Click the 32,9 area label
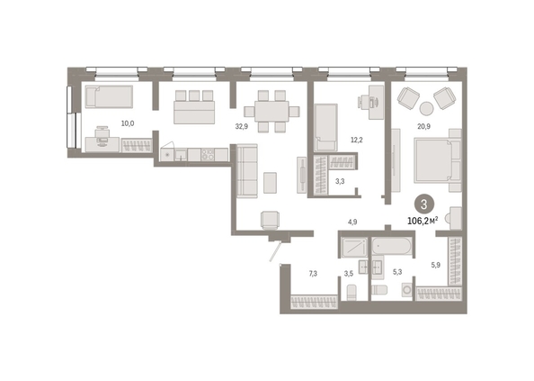[242, 126]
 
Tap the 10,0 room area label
[128, 123]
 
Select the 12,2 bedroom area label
[357, 140]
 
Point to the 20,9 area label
[424, 126]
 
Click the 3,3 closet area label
[340, 181]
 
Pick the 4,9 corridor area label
[352, 222]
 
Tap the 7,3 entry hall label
[313, 273]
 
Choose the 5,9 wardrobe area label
[436, 264]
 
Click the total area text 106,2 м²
[423, 221]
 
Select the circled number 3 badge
[424, 204]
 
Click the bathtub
[392, 246]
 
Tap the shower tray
[354, 248]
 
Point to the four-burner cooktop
[208, 155]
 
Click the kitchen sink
[181, 155]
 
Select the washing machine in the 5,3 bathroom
[407, 290]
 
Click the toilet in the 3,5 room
[352, 293]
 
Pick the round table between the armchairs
[426, 108]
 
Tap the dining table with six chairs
[271, 111]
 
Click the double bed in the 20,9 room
[438, 160]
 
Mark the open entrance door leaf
[275, 251]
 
